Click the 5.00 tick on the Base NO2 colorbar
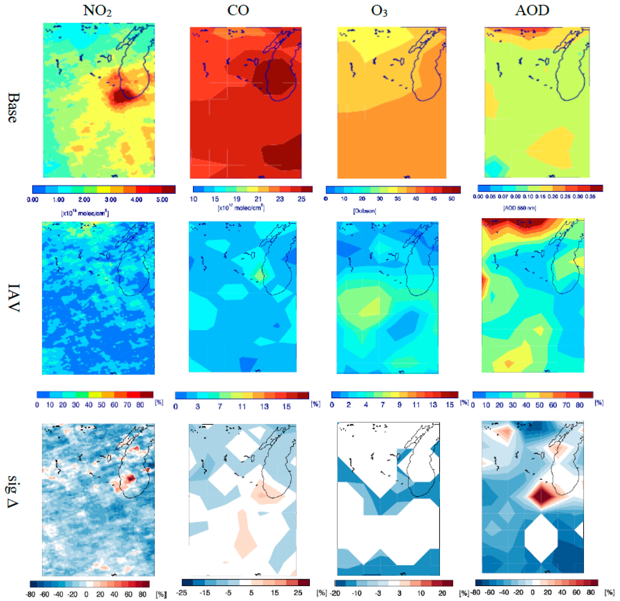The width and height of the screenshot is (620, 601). [x=162, y=200]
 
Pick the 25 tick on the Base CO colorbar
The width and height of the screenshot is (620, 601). [x=302, y=199]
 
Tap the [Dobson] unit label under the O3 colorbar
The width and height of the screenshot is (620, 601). [x=364, y=211]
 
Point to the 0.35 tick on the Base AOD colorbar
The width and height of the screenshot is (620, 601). [x=590, y=196]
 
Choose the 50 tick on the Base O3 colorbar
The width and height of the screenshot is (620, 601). [x=451, y=199]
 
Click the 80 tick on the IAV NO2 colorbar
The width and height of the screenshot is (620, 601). [x=140, y=405]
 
